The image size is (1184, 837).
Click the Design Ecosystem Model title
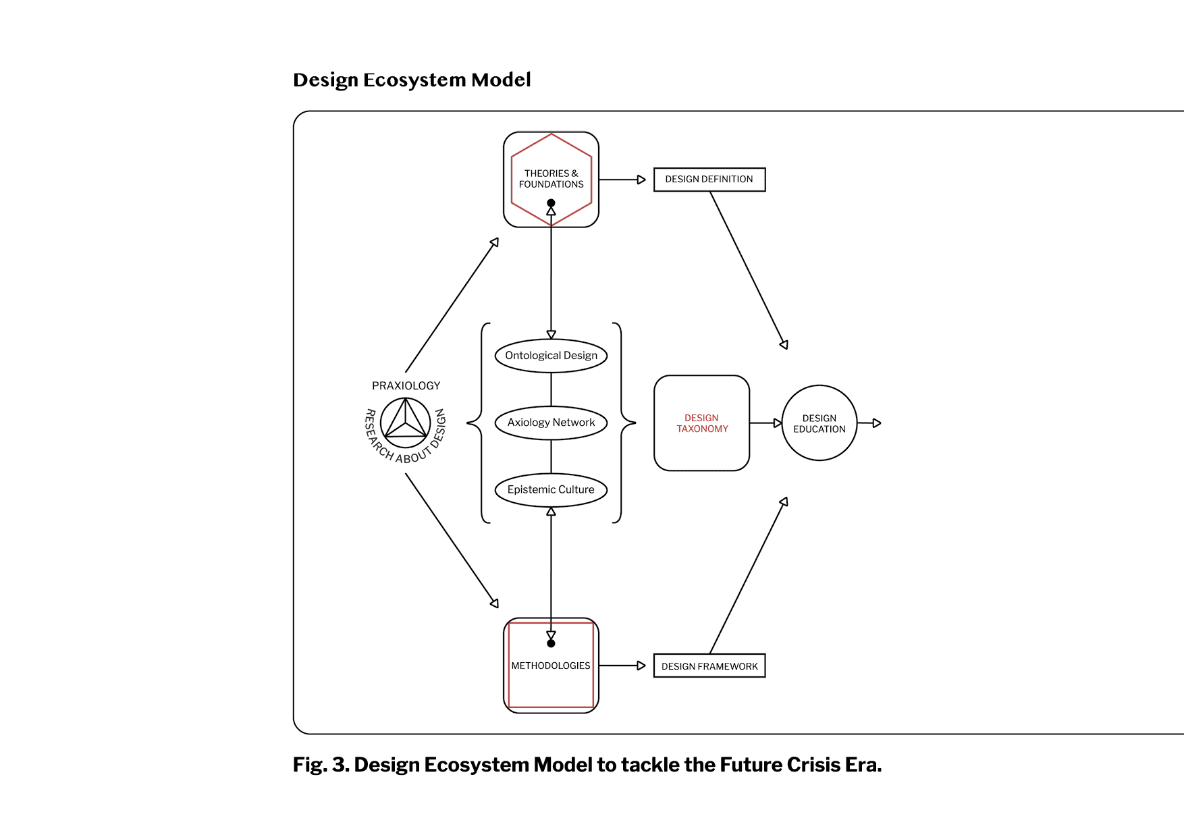tap(412, 80)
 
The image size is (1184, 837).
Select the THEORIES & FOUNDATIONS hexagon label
tap(551, 179)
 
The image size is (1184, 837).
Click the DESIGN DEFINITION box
tap(709, 180)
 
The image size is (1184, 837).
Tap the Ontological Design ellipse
tap(551, 356)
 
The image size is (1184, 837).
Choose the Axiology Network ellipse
tap(551, 423)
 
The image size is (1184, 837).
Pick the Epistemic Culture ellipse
tap(551, 490)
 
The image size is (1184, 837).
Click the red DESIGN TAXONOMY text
tap(702, 423)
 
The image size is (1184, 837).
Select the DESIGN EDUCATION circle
tap(819, 423)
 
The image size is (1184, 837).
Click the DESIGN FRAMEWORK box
tap(709, 666)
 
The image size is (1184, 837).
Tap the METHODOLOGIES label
tap(551, 666)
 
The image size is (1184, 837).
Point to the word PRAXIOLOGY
tap(406, 385)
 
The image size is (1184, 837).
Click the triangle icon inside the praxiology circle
tap(406, 422)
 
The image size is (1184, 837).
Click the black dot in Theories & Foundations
tap(551, 203)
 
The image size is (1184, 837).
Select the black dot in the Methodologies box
tap(551, 643)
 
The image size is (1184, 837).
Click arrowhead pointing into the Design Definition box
tap(641, 180)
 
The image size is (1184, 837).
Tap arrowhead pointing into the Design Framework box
tap(641, 666)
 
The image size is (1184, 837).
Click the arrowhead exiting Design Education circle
tap(877, 423)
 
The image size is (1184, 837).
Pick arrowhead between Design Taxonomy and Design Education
tap(778, 423)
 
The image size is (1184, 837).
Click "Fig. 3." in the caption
tap(321, 765)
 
